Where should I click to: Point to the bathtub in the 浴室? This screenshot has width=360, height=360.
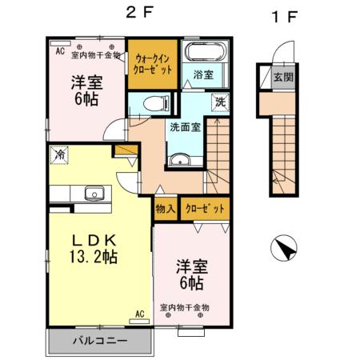206,56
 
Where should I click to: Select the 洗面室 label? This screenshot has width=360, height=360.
184,126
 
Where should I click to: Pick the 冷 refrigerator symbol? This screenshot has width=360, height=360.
60,155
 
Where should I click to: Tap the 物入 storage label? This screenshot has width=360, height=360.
166,210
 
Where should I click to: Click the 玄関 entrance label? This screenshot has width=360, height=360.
282,78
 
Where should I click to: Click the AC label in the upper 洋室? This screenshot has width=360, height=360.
59,49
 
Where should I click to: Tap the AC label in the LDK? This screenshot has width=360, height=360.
140,314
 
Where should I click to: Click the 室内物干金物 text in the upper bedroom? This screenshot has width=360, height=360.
95,55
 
